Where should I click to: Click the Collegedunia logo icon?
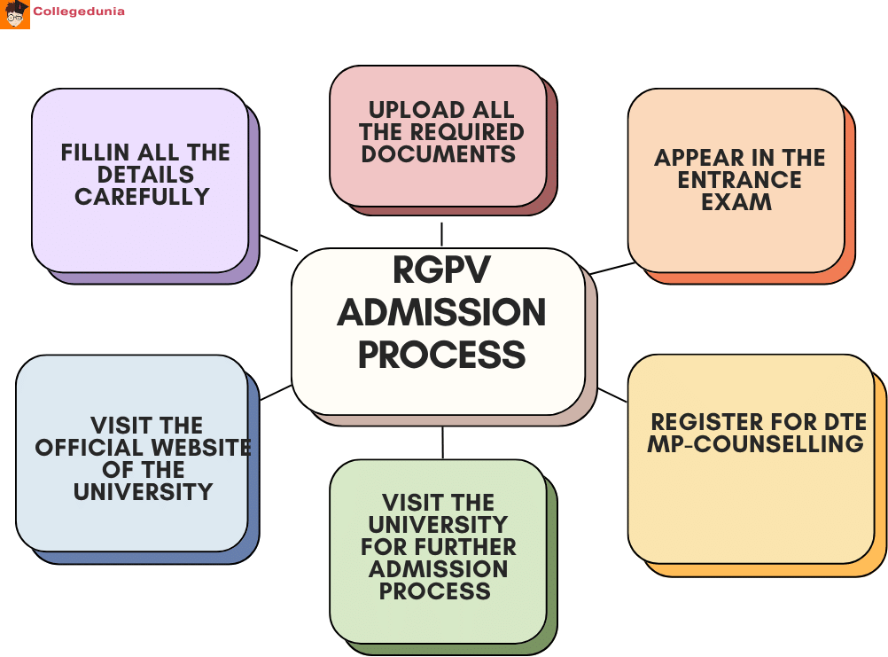pyautogui.click(x=15, y=14)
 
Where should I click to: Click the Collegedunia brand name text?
pyautogui.click(x=78, y=12)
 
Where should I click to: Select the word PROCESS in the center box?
pyautogui.click(x=441, y=355)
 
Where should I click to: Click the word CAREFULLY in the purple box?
pyautogui.click(x=142, y=197)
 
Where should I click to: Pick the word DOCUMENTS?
pyautogui.click(x=438, y=154)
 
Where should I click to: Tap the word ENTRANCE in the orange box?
pyautogui.click(x=739, y=180)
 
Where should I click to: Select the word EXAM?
pyautogui.click(x=736, y=202)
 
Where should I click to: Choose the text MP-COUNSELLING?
pyautogui.click(x=755, y=444)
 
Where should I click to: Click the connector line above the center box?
pyautogui.click(x=441, y=234)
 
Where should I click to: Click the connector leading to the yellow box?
pyautogui.click(x=611, y=395)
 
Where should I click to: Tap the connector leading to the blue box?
pyautogui.click(x=277, y=392)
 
